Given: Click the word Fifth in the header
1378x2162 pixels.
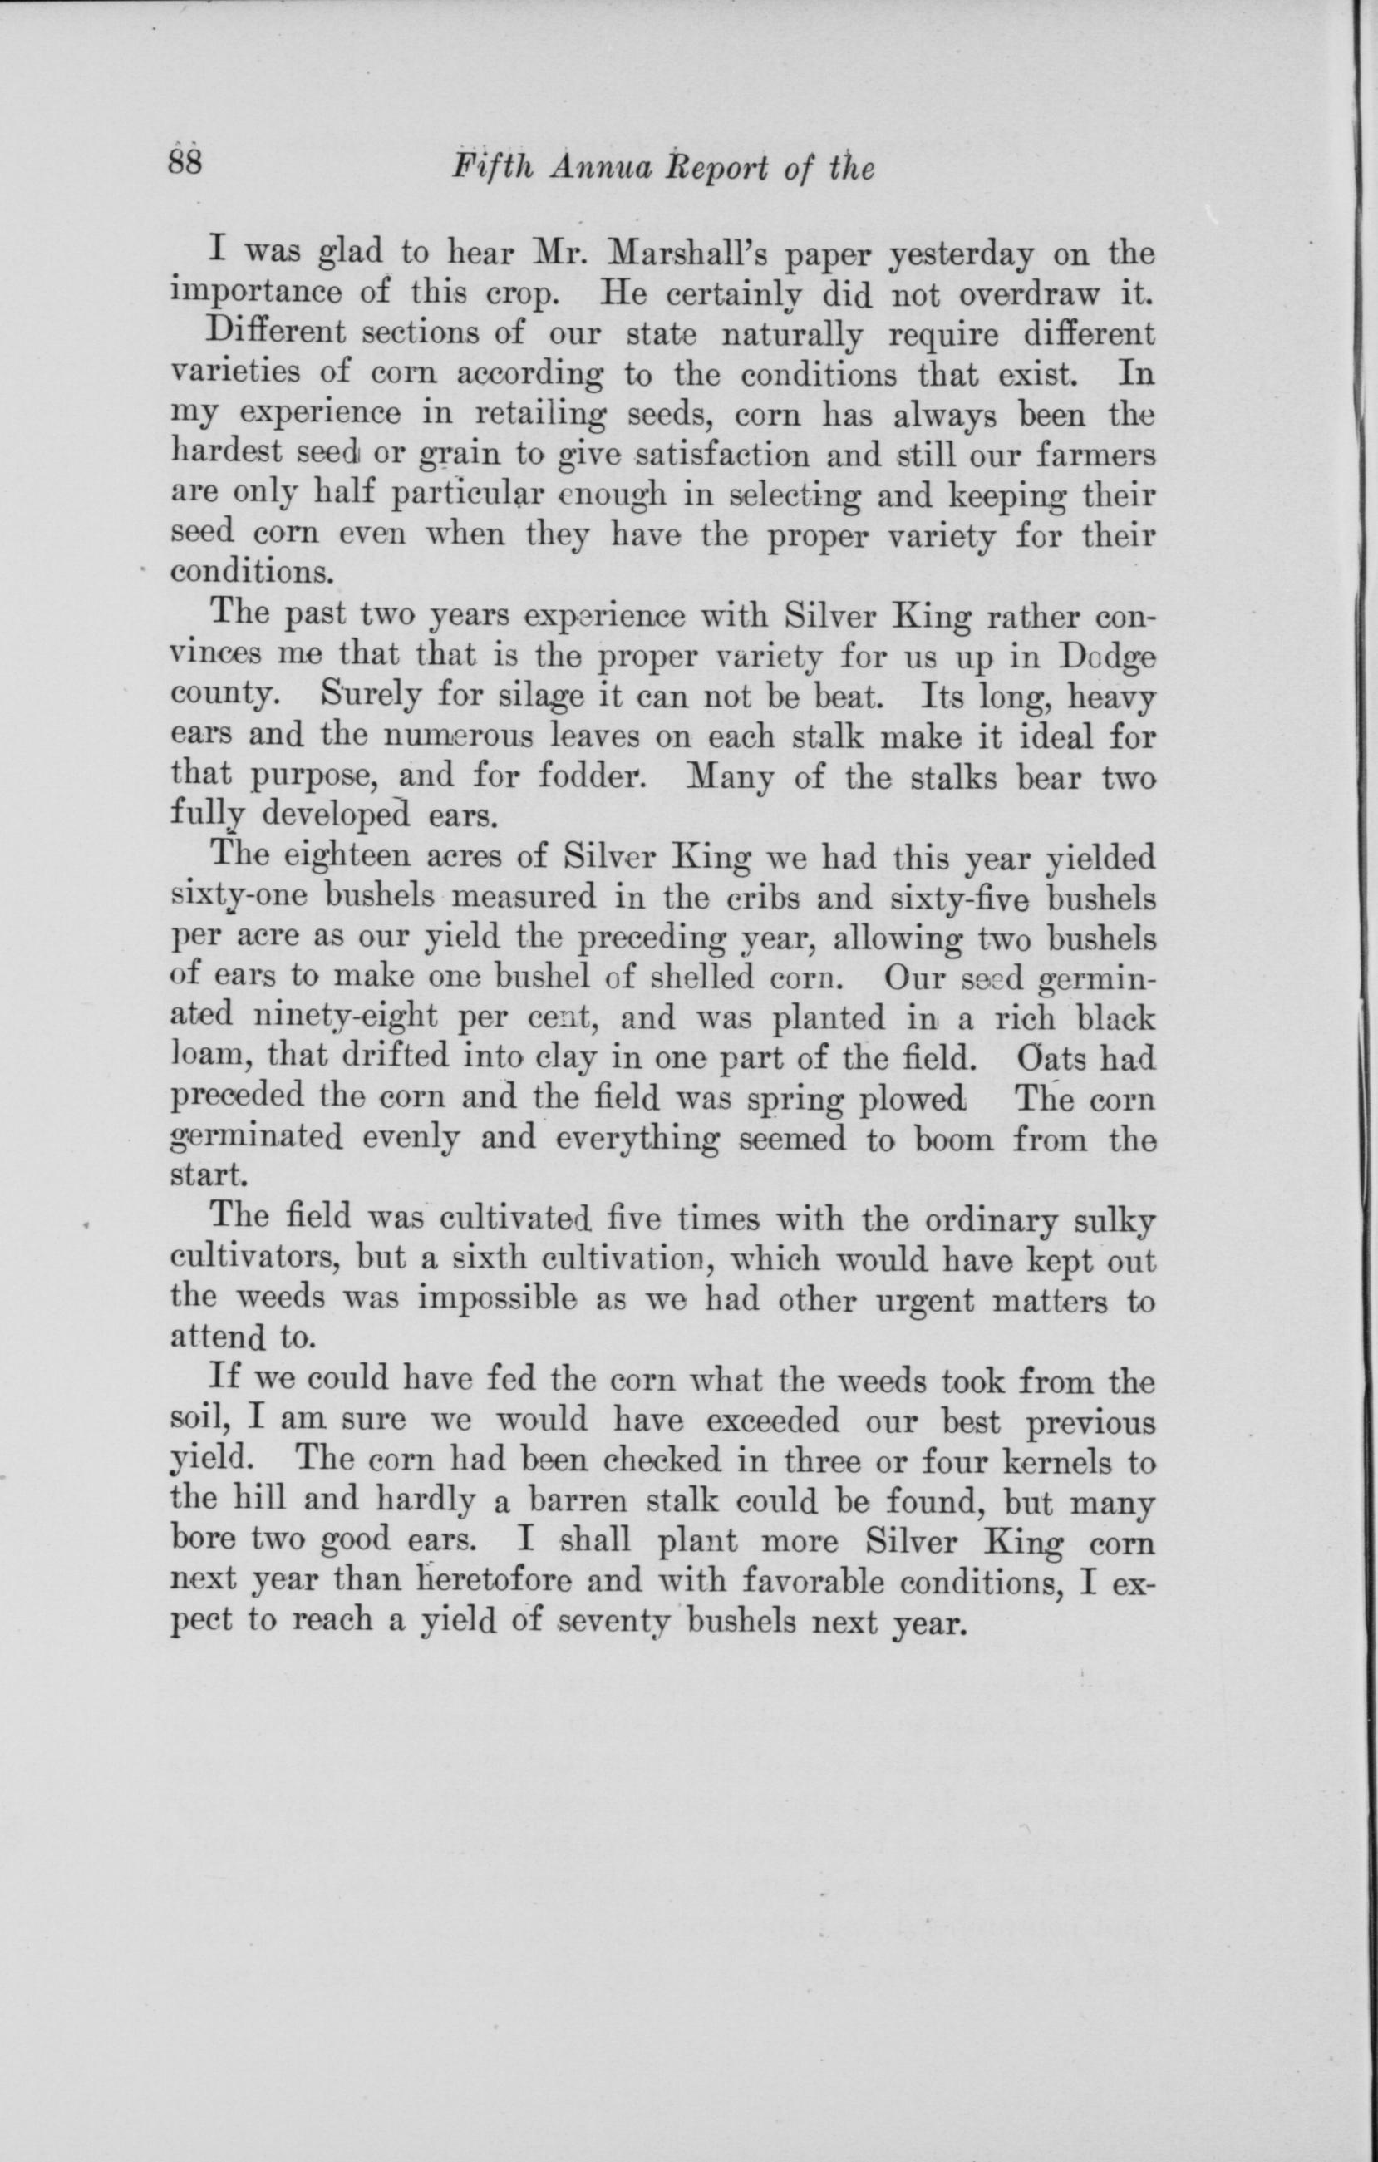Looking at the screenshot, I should coord(489,168).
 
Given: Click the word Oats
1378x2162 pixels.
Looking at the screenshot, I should coord(1031,1057).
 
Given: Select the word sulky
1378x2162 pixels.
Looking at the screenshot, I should coord(1113,1222).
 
